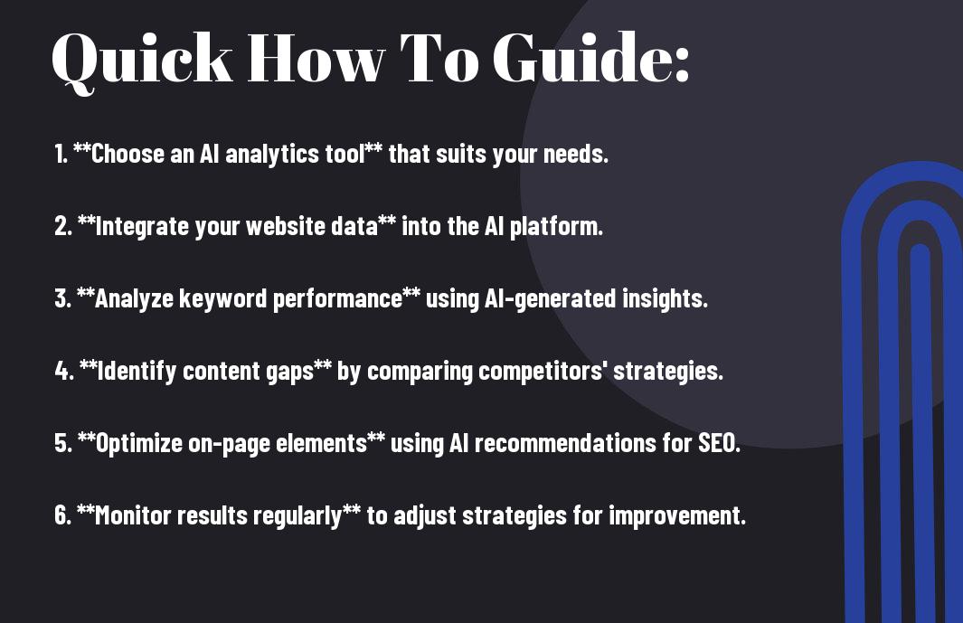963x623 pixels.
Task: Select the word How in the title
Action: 316,58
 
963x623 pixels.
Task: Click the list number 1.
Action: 61,154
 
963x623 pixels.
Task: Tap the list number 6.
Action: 63,514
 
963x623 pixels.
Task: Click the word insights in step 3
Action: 666,298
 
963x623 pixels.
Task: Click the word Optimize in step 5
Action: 139,443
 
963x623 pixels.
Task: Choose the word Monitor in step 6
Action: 133,514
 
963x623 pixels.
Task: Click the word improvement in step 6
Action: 677,515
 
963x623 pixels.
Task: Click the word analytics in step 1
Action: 272,155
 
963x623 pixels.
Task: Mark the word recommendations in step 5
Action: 565,443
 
